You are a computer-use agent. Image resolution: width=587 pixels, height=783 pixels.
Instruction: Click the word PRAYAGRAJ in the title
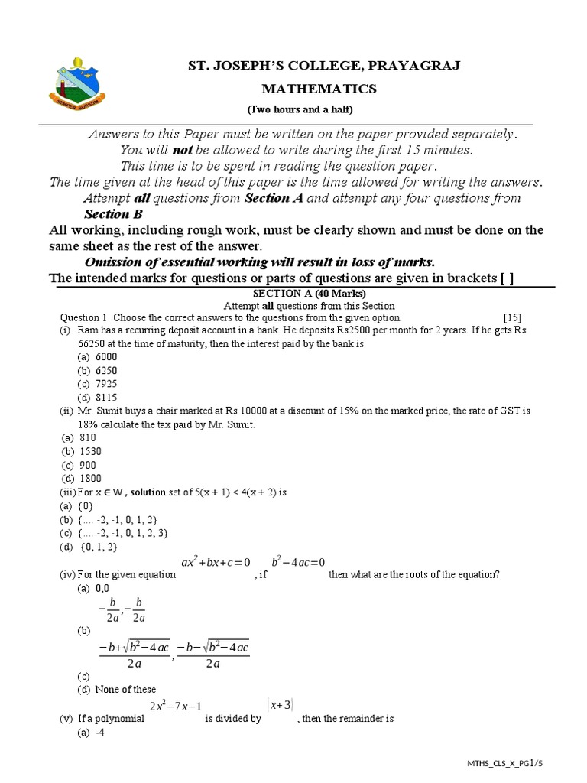(x=398, y=65)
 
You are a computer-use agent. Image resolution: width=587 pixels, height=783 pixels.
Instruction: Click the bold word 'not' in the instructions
(x=181, y=150)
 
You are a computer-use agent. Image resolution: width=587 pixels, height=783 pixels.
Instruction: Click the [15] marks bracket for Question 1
(x=512, y=317)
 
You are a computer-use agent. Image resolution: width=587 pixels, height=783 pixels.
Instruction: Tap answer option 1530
(x=90, y=451)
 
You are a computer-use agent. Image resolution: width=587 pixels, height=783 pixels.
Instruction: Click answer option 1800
(x=90, y=479)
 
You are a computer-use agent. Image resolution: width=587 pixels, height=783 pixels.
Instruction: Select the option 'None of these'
(x=125, y=690)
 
